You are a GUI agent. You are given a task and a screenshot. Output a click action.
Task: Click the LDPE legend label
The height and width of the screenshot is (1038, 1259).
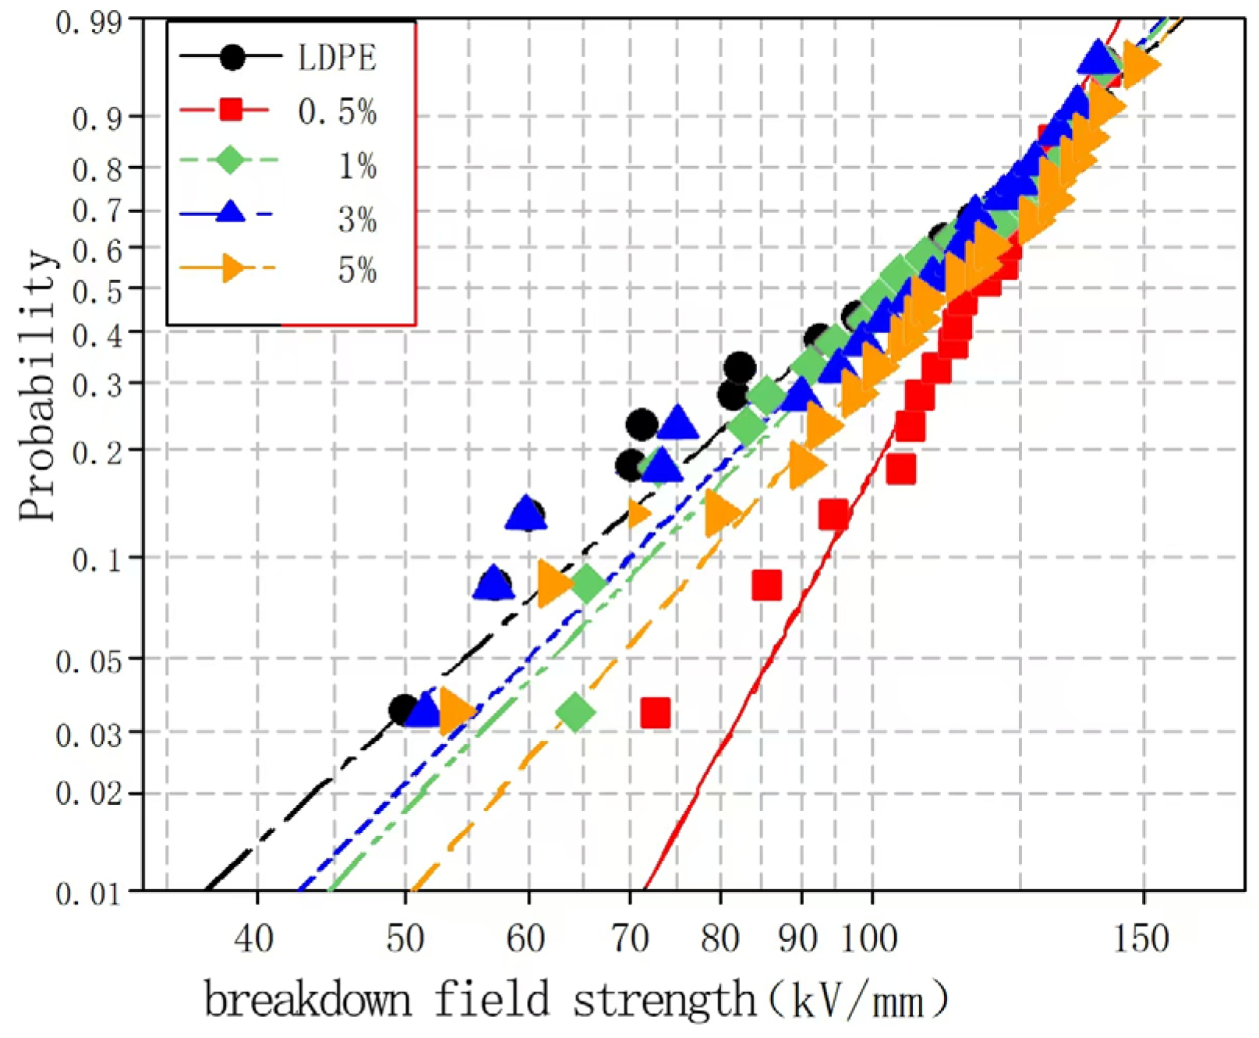click(337, 58)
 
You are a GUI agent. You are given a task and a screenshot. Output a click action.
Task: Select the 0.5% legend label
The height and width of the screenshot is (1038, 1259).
click(337, 112)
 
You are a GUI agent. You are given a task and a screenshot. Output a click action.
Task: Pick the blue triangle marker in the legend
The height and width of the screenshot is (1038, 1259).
click(230, 211)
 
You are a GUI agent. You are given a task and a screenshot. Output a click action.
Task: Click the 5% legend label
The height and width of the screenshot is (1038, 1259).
click(357, 271)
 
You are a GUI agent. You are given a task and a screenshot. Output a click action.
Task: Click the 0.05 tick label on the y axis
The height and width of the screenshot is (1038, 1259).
click(88, 662)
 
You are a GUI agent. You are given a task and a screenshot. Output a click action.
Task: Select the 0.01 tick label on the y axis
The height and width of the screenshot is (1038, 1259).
click(88, 893)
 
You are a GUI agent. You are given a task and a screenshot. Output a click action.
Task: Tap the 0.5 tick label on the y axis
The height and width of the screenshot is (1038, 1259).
click(97, 292)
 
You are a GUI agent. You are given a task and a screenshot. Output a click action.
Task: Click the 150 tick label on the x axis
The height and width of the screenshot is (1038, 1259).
click(1141, 938)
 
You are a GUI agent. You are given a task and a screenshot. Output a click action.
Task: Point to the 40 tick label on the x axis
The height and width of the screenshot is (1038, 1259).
click(254, 938)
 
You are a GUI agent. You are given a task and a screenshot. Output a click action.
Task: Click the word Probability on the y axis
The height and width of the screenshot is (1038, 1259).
click(37, 385)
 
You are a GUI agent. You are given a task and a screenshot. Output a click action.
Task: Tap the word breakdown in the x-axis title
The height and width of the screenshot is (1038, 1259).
click(307, 1000)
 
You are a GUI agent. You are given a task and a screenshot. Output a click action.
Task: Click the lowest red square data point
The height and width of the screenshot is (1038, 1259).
click(655, 712)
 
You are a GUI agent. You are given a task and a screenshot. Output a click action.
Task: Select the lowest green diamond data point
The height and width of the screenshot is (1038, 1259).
click(576, 711)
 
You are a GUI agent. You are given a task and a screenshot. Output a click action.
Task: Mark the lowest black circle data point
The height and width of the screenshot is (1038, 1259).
click(402, 710)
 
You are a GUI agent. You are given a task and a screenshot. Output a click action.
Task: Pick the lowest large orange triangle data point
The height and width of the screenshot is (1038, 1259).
click(455, 710)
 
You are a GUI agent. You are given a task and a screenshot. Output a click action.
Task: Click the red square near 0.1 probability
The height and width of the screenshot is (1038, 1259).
click(766, 584)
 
